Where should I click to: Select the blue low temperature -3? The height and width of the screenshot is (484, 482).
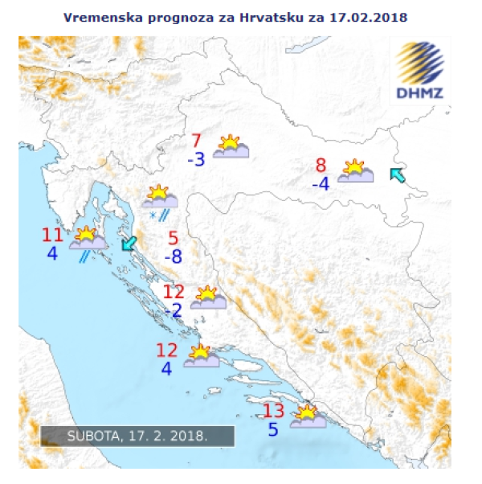point(196,159)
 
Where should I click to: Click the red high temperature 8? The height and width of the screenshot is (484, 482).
point(321,166)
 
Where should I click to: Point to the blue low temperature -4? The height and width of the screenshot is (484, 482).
point(321,184)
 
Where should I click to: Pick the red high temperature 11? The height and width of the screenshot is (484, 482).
point(52,236)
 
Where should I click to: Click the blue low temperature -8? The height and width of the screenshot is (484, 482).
point(173,257)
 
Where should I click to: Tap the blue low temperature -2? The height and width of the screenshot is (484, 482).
point(173,310)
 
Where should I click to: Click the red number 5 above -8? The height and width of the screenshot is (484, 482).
point(173,238)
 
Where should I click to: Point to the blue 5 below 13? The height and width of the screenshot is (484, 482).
point(273,430)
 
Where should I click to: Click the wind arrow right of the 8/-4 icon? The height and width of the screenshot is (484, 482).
point(397,174)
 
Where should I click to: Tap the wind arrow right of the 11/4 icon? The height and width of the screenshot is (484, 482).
point(128,243)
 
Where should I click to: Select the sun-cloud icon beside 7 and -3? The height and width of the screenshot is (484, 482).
point(231,146)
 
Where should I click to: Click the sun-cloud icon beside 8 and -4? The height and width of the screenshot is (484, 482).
point(354,171)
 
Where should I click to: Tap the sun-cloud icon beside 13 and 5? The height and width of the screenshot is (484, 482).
point(307,416)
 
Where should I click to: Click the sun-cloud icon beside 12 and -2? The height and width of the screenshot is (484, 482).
point(208,297)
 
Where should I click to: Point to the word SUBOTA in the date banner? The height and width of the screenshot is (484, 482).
point(92,437)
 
